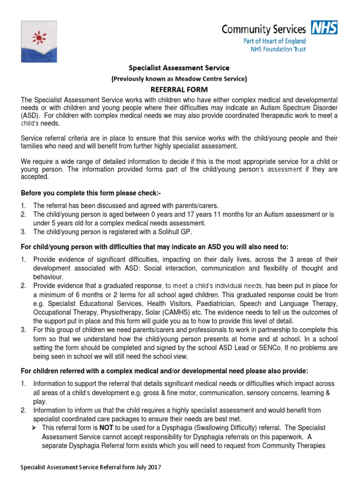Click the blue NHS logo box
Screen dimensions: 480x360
[x=325, y=29]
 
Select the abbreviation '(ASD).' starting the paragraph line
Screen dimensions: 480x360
[x=32, y=116]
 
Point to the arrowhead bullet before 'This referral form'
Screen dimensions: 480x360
[x=36, y=428]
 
